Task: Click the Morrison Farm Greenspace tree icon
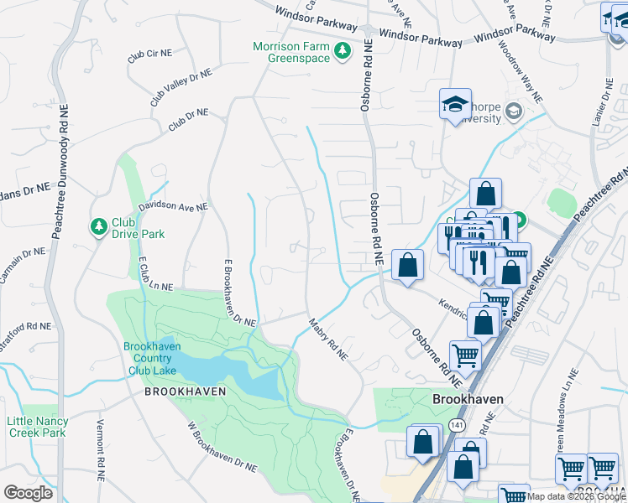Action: [x=342, y=51]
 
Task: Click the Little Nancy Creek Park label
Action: [x=36, y=427]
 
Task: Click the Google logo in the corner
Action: [x=28, y=493]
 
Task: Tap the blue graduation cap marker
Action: [x=455, y=105]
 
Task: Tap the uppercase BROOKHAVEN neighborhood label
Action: [x=176, y=392]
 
